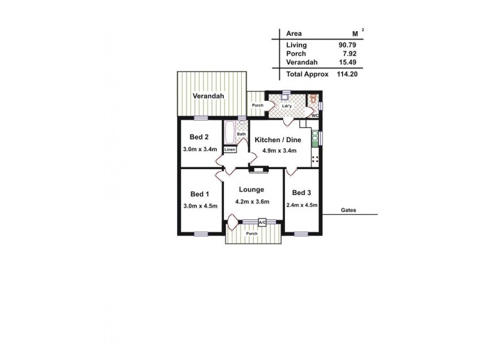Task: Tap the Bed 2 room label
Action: (199, 136)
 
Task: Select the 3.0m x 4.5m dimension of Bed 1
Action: (200, 206)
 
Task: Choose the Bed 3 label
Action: (301, 193)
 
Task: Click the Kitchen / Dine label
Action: (275, 139)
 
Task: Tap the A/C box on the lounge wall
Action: (262, 223)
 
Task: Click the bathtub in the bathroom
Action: (229, 132)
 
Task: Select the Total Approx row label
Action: (308, 74)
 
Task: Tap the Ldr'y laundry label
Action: (286, 107)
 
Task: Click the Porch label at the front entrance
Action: (252, 233)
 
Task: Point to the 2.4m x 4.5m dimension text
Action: (301, 205)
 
